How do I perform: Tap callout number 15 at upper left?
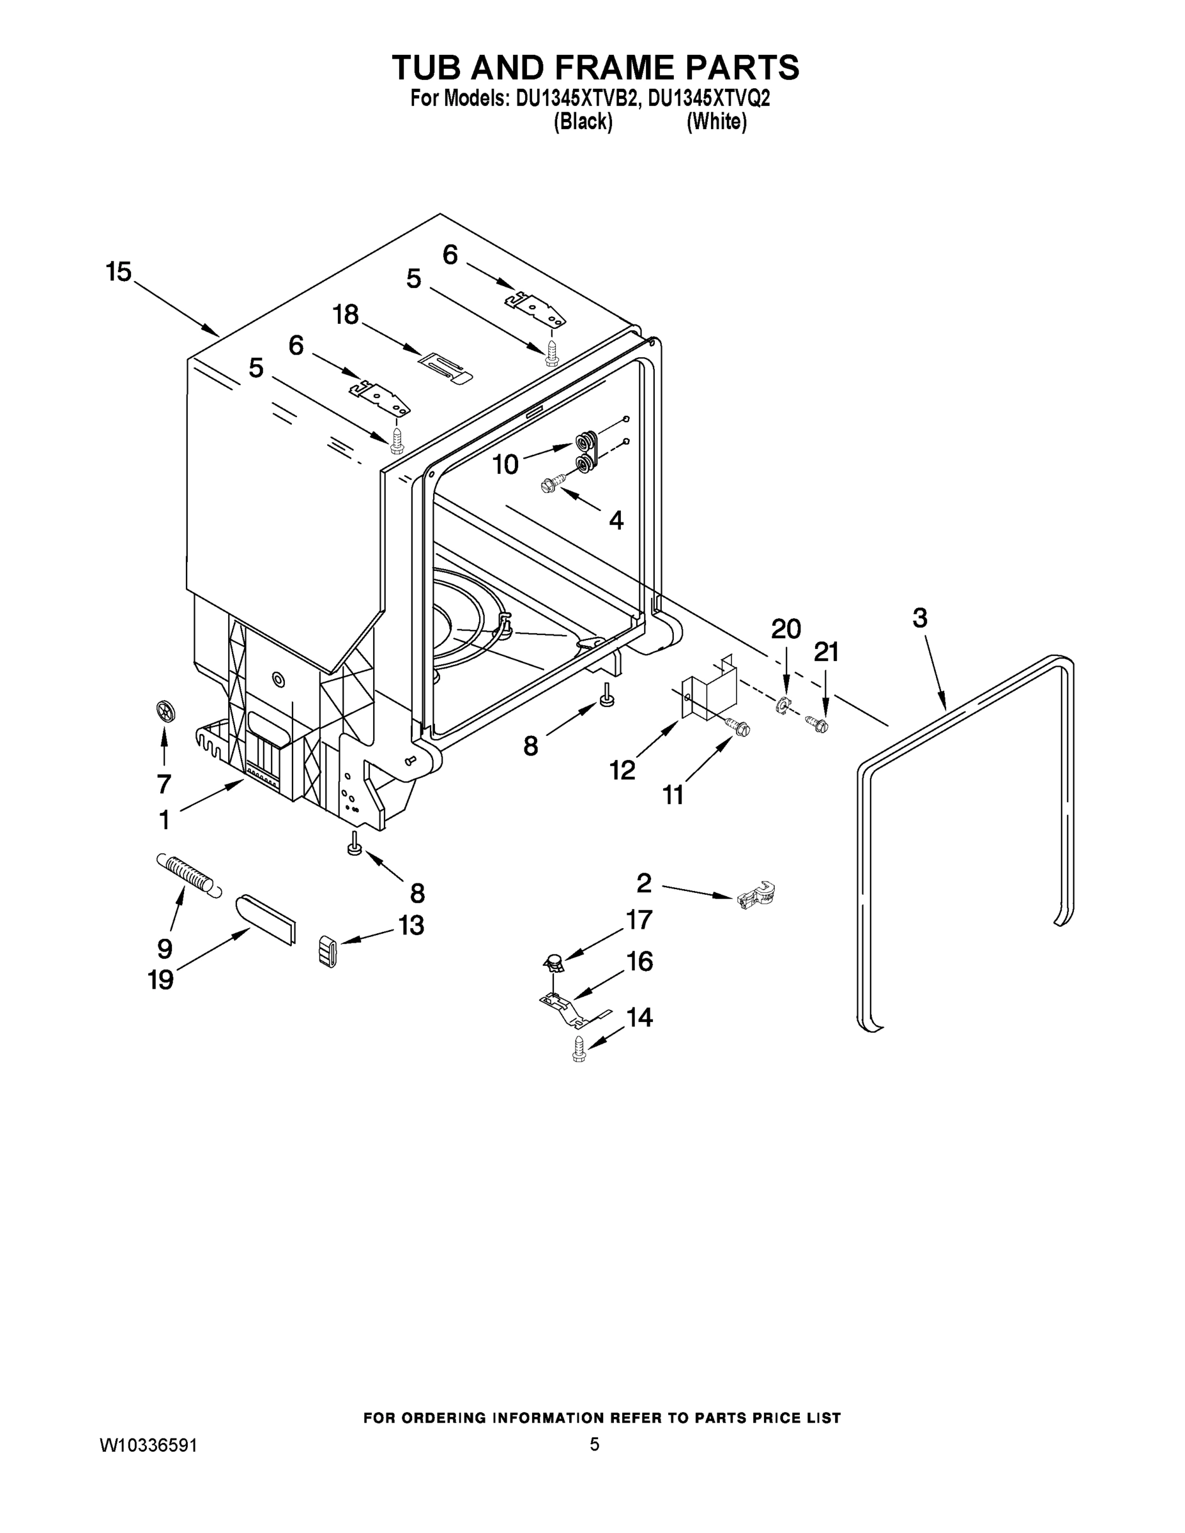pos(119,271)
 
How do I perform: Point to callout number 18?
pos(346,314)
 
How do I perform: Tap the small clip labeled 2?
pos(757,896)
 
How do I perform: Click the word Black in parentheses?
pos(583,122)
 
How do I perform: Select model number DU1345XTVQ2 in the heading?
pos(709,98)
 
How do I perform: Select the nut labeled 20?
pos(783,704)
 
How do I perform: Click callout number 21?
pos(826,653)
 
